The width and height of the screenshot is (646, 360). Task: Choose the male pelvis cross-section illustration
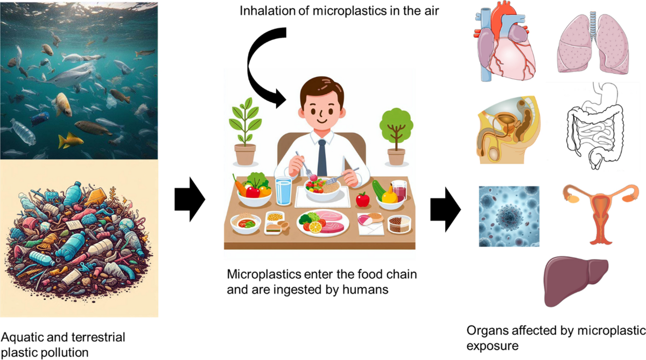[506, 129]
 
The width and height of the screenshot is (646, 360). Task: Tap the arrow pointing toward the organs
[445, 210]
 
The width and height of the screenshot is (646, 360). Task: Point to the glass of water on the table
[284, 191]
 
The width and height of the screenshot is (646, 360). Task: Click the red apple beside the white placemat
[363, 200]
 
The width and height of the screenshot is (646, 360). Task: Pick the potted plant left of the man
[243, 132]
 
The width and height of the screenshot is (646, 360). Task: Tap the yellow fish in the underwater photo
[70, 140]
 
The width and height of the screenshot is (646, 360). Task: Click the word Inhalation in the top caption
[257, 10]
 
